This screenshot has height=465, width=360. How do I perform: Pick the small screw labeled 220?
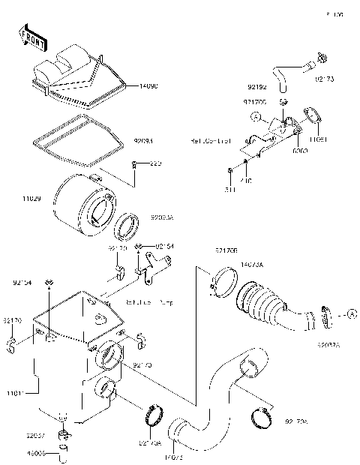[133, 163]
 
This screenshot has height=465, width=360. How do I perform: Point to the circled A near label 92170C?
[256, 117]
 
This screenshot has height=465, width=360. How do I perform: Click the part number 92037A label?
[327, 345]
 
